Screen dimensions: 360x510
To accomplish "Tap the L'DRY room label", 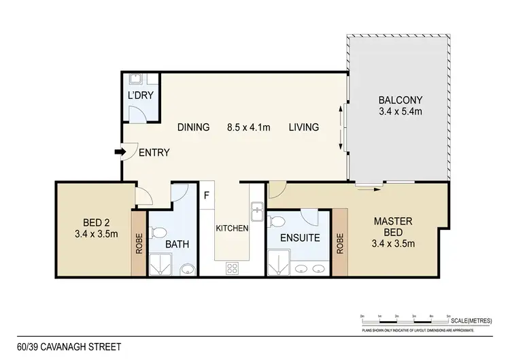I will (x=141, y=95).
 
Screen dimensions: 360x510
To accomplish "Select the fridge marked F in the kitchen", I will (x=207, y=196).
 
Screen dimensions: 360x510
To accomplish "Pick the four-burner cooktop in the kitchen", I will (x=231, y=267).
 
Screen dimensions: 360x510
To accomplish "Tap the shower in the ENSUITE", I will (x=279, y=263).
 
